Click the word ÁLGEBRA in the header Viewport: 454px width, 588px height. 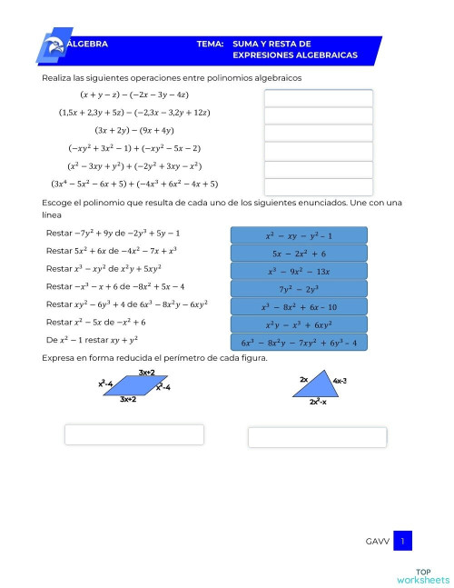point(88,44)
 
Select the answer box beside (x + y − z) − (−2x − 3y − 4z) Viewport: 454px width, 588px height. point(318,97)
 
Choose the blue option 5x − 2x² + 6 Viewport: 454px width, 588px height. point(299,254)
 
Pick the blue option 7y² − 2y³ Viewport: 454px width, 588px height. point(299,289)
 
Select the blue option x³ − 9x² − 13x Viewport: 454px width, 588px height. point(299,271)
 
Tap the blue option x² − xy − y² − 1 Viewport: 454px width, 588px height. point(299,235)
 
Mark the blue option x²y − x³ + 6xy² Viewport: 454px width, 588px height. point(299,324)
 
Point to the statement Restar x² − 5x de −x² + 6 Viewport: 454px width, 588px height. point(95,322)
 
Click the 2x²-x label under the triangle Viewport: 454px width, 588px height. point(318,402)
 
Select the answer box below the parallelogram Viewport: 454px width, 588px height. point(133,434)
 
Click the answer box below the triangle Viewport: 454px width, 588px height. point(318,437)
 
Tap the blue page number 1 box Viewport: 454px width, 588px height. point(402,542)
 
